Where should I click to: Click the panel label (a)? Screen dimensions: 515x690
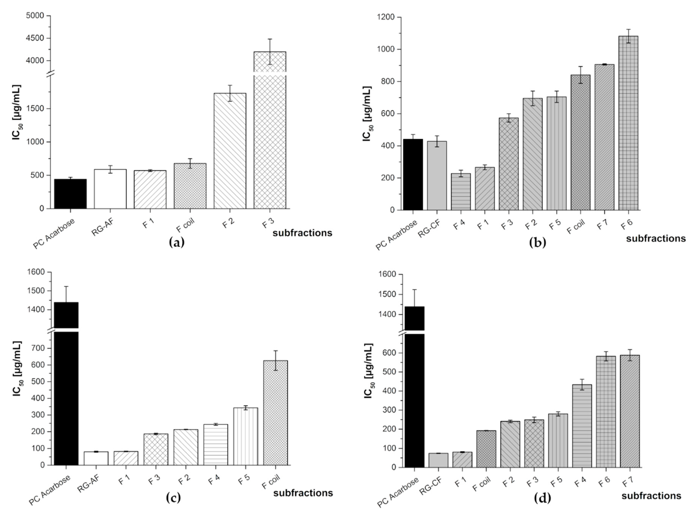click(176, 242)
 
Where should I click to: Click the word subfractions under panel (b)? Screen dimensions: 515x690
click(656, 239)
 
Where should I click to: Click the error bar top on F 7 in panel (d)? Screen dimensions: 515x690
click(630, 349)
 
